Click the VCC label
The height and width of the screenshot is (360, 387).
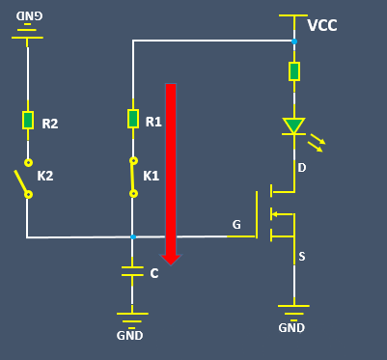[322, 25]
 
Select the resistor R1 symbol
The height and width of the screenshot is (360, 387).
[133, 119]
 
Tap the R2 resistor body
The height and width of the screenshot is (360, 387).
[28, 120]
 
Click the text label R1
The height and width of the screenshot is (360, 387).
[153, 122]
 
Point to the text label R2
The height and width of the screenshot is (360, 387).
[50, 124]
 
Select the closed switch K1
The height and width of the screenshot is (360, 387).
[133, 177]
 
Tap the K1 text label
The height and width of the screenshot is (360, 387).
[151, 177]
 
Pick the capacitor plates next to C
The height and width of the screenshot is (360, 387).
[133, 272]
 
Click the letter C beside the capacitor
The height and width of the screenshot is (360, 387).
[154, 273]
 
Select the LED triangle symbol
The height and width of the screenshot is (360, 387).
[293, 125]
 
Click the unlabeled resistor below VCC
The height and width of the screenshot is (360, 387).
[293, 71]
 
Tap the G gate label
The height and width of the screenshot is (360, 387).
[236, 225]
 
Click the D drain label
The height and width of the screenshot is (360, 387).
[301, 169]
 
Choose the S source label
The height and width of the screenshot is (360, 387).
[301, 256]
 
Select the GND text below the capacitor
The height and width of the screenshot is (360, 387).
[129, 335]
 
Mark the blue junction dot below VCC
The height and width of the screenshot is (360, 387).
[293, 42]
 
